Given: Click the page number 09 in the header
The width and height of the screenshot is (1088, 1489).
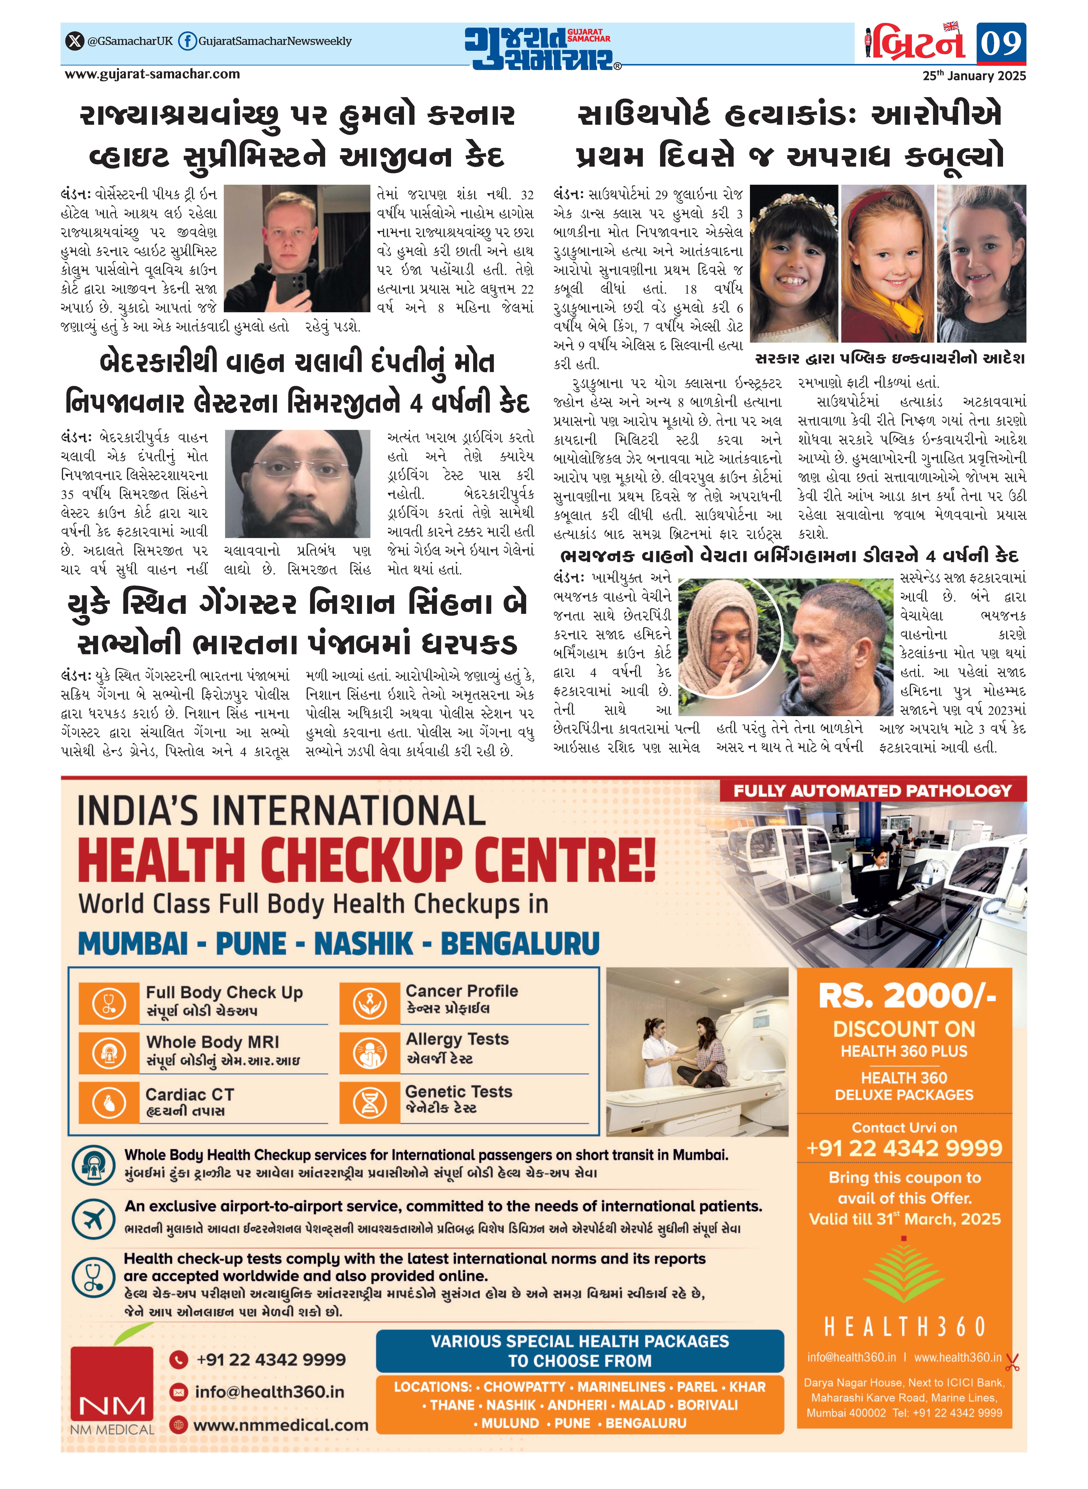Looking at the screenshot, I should click(1000, 43).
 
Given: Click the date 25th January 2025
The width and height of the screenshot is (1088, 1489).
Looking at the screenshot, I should click(973, 76).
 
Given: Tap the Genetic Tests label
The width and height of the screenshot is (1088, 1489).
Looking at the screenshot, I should click(458, 1091).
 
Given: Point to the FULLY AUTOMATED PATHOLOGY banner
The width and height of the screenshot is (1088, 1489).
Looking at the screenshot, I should click(872, 791).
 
